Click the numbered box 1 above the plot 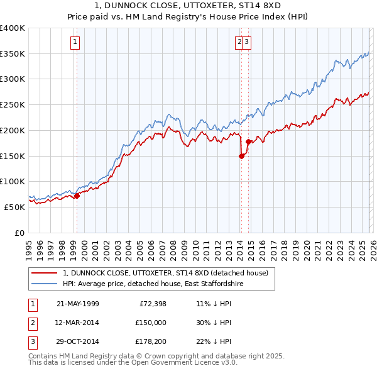point(75,42)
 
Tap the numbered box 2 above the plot point(239,42)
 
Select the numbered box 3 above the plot point(248,42)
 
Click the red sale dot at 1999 point(77,196)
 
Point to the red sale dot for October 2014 point(248,142)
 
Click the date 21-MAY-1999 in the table point(77,303)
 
